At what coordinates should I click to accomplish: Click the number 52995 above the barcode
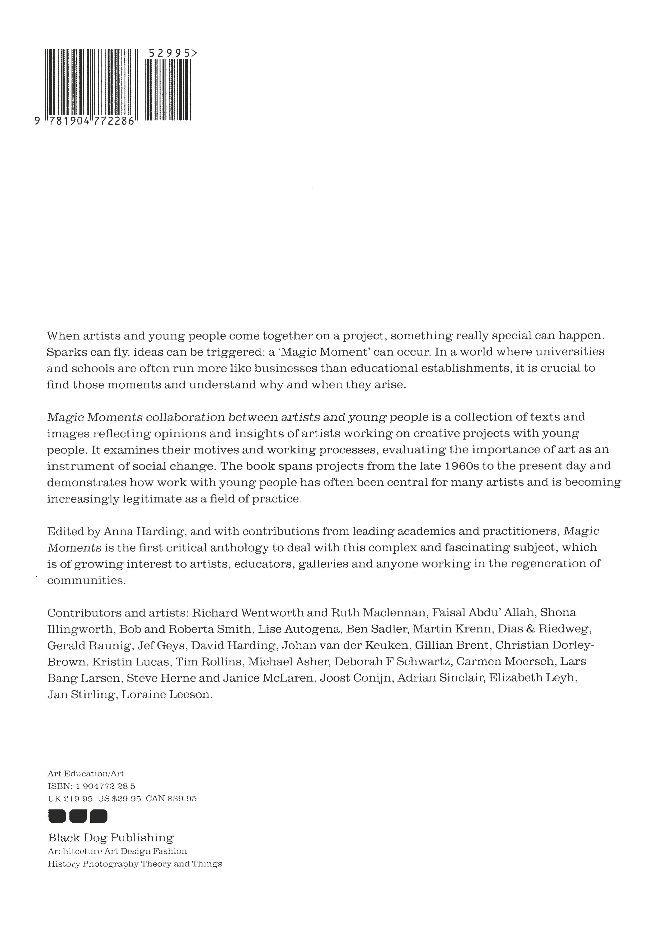coord(170,53)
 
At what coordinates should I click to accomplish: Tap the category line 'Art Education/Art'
coord(86,773)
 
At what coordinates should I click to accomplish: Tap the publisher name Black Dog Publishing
coord(111,838)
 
